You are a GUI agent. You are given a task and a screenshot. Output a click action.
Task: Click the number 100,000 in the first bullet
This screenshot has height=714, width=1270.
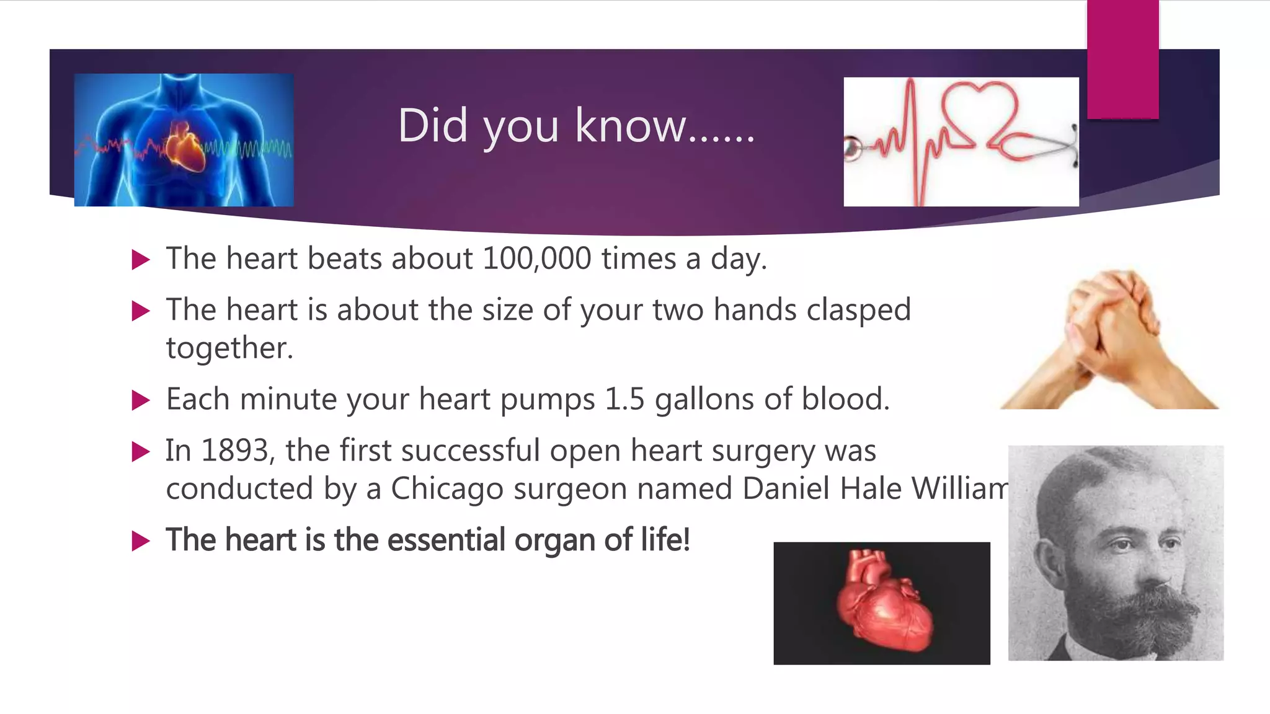536,258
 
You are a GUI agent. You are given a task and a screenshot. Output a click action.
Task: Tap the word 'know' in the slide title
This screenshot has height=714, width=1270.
630,126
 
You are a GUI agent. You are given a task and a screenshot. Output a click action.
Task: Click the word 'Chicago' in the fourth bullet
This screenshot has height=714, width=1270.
447,489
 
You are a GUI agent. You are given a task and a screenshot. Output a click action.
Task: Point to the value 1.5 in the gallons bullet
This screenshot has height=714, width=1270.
624,399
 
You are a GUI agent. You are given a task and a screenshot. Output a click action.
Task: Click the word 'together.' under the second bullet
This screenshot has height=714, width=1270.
229,348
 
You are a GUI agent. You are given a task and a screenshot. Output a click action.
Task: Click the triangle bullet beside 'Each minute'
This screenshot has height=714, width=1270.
141,400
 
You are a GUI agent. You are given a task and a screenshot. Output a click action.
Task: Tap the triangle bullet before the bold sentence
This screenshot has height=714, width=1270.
141,541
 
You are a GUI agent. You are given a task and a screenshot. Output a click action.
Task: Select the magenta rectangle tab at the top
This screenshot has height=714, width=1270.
1122,59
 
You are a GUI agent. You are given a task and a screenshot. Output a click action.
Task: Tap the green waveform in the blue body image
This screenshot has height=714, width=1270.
248,149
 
